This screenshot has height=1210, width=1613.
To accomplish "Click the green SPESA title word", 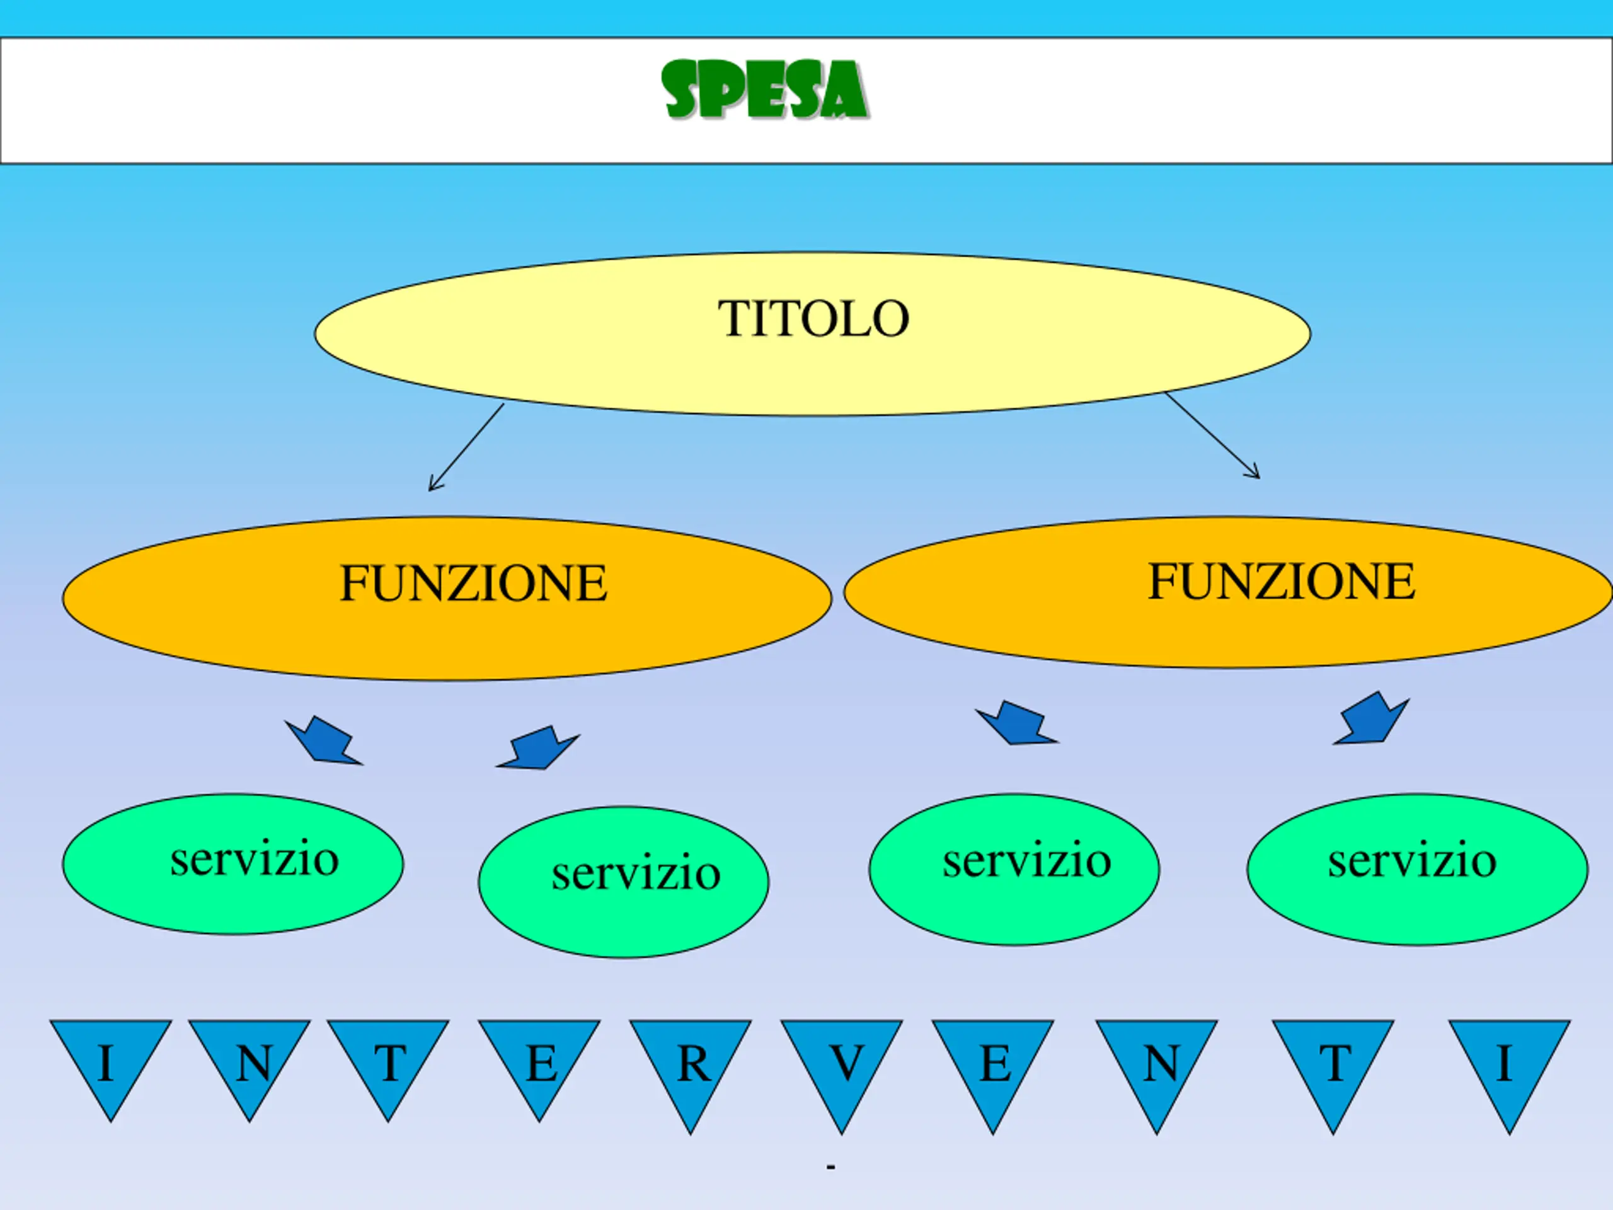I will tap(764, 91).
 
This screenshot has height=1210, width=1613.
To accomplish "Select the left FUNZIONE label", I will tap(473, 584).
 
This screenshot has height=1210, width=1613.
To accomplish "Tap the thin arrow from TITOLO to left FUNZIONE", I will tap(466, 447).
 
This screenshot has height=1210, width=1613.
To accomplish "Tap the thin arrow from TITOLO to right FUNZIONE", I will tap(1212, 435).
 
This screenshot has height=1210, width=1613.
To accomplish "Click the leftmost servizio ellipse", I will tap(232, 863).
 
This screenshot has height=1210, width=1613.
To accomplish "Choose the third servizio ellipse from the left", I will tap(1014, 870).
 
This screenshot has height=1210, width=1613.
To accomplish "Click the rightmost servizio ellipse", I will tap(1417, 870).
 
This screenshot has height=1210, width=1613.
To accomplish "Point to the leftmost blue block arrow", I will tap(324, 742).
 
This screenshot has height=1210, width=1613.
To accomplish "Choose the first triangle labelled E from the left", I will tap(539, 1061).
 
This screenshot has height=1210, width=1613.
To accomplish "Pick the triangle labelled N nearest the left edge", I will tap(250, 1061).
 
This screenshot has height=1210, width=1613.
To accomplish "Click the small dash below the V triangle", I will tap(830, 1168).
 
